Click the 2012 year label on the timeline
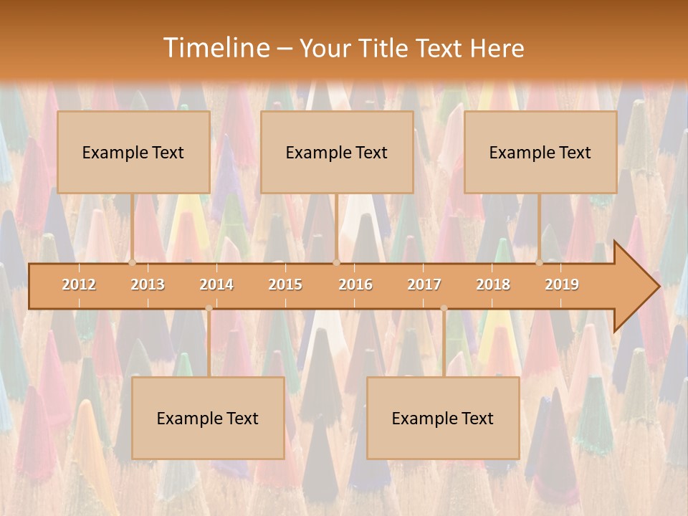click(79, 285)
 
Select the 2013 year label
click(148, 285)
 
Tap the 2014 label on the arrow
click(216, 285)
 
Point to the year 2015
click(285, 285)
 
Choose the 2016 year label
click(355, 285)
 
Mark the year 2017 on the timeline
click(424, 285)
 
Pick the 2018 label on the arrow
click(493, 285)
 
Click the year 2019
click(562, 285)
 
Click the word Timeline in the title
click(216, 48)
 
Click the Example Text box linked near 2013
click(133, 152)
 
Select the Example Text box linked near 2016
click(337, 152)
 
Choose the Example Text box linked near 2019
click(540, 152)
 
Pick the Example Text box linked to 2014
click(208, 418)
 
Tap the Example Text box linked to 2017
click(443, 418)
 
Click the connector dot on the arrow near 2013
click(133, 263)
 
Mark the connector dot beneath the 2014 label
click(209, 308)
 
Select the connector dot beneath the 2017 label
click(444, 308)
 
